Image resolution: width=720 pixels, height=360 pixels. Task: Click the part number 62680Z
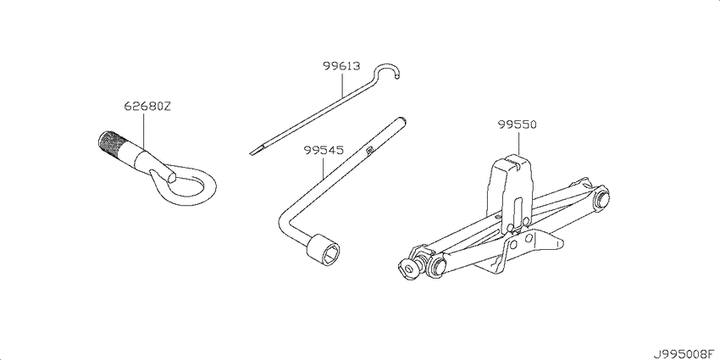pos(147,107)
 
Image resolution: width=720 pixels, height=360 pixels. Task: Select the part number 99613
pos(341,66)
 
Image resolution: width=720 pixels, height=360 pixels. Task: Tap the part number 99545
pos(323,151)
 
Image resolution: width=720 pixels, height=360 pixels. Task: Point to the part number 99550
pos(518,125)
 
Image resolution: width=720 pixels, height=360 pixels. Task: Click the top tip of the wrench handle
pos(402,119)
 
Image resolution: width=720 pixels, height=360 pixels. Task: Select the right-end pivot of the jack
pos(601,199)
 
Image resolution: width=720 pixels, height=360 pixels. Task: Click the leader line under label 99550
pos(518,143)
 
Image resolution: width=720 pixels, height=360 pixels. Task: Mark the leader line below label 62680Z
pos(144,132)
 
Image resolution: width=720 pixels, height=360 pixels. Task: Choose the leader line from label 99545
pos(323,168)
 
